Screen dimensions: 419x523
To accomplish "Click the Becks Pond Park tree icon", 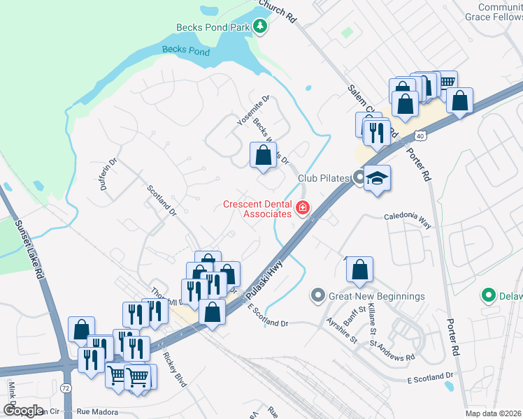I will [261, 27].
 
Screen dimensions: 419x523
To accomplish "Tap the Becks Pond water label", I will [185, 50].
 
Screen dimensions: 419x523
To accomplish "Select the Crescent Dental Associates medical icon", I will [303, 207].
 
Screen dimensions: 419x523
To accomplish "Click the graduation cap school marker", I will [377, 178].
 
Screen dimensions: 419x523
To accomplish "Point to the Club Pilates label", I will [323, 178].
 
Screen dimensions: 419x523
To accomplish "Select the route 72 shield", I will [66, 386].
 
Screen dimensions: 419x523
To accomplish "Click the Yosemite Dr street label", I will [253, 110].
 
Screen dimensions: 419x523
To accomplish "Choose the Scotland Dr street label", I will [161, 200].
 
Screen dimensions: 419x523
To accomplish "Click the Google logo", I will [23, 411].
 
